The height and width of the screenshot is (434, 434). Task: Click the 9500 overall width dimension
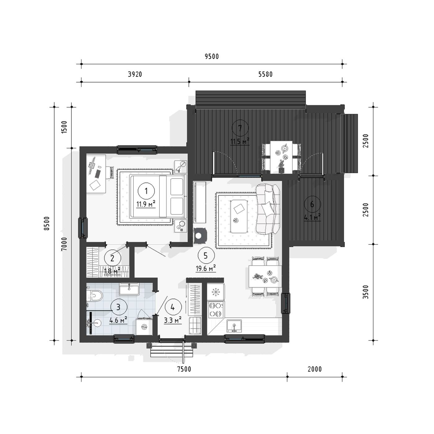click(x=212, y=56)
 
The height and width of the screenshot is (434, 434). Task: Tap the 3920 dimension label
click(x=135, y=74)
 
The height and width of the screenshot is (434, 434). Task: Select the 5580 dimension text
click(x=265, y=74)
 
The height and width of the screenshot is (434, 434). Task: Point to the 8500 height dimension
click(x=46, y=224)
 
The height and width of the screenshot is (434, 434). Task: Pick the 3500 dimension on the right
click(x=366, y=292)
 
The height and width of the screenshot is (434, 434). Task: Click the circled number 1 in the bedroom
click(x=146, y=191)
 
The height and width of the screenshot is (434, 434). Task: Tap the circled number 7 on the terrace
click(x=240, y=128)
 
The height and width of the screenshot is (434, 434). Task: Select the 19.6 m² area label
click(x=206, y=268)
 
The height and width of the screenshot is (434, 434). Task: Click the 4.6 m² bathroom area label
click(x=118, y=320)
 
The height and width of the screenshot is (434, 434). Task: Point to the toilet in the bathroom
click(x=95, y=295)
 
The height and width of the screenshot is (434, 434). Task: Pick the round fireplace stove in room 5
click(x=199, y=236)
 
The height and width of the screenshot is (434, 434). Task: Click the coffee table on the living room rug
click(x=238, y=216)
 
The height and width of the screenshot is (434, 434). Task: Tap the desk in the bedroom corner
click(x=96, y=174)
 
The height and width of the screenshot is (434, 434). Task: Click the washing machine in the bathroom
click(x=144, y=327)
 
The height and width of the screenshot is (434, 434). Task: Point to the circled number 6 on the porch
click(x=312, y=204)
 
